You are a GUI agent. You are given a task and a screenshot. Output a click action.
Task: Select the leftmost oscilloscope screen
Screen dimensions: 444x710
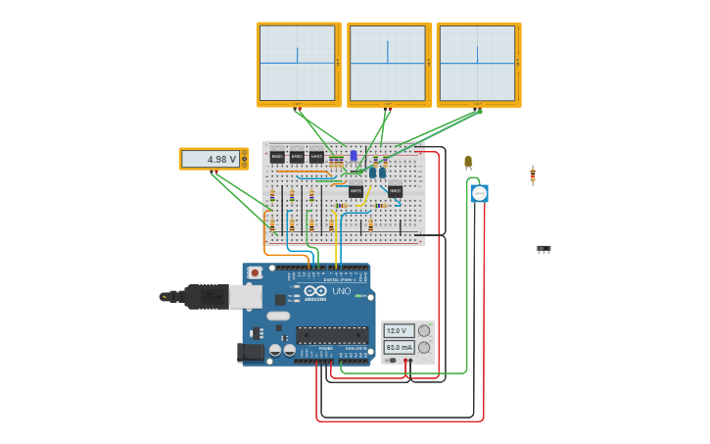(297, 63)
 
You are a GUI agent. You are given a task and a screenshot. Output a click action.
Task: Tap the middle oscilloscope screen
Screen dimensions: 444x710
(388, 63)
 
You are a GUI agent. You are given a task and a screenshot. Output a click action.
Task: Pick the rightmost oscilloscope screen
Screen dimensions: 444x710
(477, 63)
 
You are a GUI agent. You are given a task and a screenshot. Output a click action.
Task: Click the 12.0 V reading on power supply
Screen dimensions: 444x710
(398, 331)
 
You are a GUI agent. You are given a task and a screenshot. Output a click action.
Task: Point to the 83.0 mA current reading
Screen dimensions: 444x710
(398, 348)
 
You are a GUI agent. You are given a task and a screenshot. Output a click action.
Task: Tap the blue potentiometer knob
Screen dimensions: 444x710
(479, 194)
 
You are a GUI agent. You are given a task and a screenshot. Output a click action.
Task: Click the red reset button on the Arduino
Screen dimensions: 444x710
(255, 272)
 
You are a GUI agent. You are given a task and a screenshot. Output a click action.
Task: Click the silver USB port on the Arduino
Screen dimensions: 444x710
(246, 296)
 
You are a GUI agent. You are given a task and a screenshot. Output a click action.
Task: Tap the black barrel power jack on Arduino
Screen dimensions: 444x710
(251, 351)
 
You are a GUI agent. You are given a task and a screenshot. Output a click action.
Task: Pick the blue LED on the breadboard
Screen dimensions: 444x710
(354, 155)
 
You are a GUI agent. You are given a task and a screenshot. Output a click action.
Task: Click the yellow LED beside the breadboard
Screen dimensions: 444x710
(468, 162)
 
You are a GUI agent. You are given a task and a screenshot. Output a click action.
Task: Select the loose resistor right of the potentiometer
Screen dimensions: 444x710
(533, 174)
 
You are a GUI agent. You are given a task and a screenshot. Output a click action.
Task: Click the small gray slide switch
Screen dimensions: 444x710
(544, 249)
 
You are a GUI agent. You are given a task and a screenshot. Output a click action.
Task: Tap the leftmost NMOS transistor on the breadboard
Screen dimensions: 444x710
(277, 157)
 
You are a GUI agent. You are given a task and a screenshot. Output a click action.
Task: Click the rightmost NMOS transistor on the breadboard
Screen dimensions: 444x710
(395, 191)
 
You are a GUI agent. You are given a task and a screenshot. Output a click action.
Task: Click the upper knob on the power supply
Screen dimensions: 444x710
(424, 331)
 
